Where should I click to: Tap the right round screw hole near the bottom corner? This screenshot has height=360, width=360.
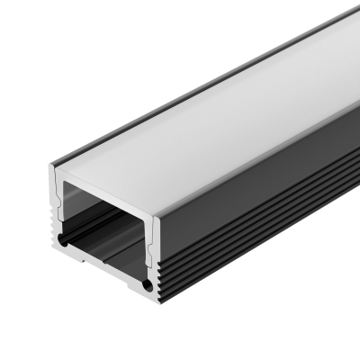pyautogui.click(x=145, y=285)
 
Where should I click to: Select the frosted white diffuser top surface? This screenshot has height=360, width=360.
pyautogui.click(x=207, y=126)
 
